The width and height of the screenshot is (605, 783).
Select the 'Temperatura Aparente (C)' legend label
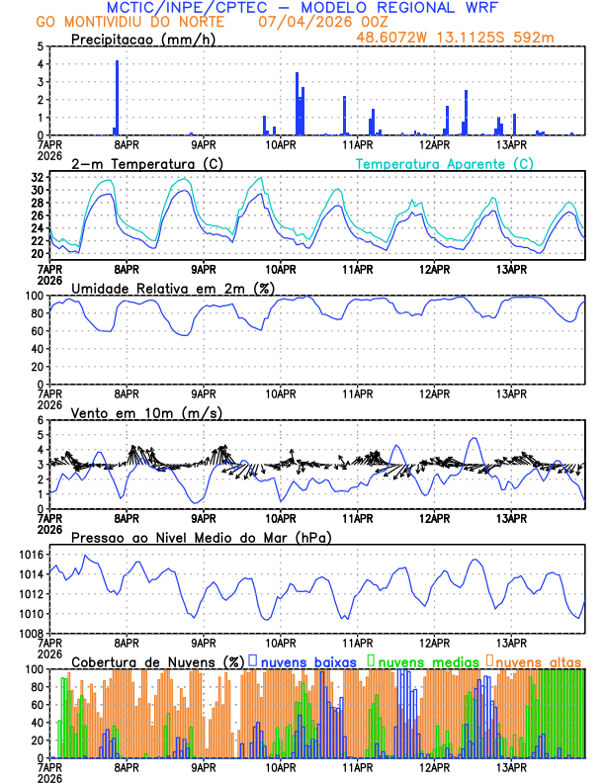click(445, 163)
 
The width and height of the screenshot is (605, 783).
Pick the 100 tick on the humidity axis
click(34, 296)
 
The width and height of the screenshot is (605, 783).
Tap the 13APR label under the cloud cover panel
click(510, 767)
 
